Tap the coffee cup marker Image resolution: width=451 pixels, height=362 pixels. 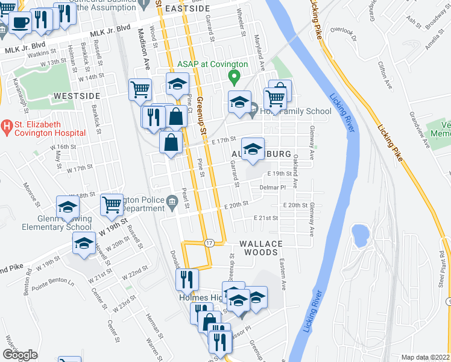click(19, 24)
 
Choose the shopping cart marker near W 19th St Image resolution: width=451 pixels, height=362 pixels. click(112, 206)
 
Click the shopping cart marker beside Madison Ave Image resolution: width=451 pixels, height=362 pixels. click(140, 90)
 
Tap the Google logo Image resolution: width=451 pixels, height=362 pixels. click(20, 355)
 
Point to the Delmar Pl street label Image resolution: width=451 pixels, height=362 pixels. click(272, 188)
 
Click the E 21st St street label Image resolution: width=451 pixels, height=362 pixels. click(265, 218)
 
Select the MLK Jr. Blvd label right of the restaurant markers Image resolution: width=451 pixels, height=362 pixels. click(110, 28)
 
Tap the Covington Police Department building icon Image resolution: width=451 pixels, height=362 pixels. click(172, 202)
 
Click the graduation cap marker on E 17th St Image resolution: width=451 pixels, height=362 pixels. click(253, 148)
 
